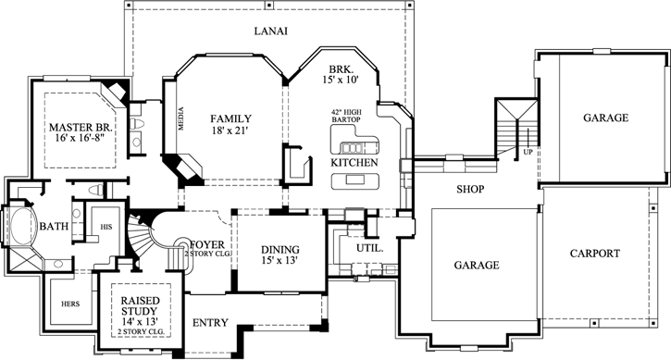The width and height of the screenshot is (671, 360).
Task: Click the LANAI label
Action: coord(270,31)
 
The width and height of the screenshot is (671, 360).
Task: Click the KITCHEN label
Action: coord(354,163)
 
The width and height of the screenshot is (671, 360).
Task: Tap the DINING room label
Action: coord(280,249)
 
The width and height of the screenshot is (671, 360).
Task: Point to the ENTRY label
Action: coord(210,323)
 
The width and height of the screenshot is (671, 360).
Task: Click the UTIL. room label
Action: coord(357,248)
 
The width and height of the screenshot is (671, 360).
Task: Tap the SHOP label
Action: coord(470,189)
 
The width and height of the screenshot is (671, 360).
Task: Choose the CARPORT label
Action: coord(594,253)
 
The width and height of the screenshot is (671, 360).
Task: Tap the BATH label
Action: coord(55,225)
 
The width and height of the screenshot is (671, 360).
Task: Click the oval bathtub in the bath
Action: coord(22,226)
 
